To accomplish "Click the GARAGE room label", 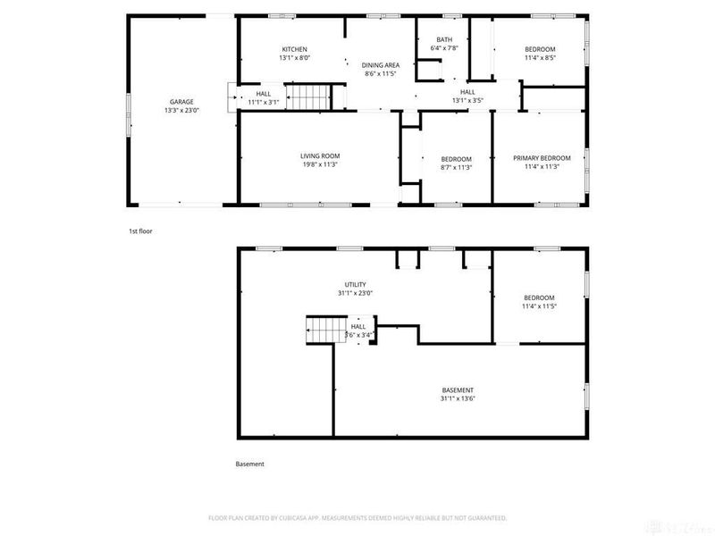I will click(x=181, y=102).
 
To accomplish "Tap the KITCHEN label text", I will click(x=295, y=49).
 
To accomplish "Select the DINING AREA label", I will click(x=380, y=65).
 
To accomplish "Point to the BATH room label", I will click(x=444, y=39).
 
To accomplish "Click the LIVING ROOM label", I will click(x=319, y=156).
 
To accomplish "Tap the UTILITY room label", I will click(x=355, y=284).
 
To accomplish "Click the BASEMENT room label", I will click(x=458, y=389).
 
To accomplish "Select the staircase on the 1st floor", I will click(x=308, y=94).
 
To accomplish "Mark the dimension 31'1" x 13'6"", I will click(x=458, y=399).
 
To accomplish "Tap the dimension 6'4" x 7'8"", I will click(x=444, y=48).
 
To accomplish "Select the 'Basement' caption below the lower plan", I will click(x=249, y=464).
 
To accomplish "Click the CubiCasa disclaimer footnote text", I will click(x=357, y=517).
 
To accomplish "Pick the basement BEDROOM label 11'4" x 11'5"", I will click(x=539, y=302).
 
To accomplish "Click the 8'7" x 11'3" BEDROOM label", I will click(x=456, y=163).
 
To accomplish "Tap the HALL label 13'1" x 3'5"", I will click(x=467, y=96).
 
